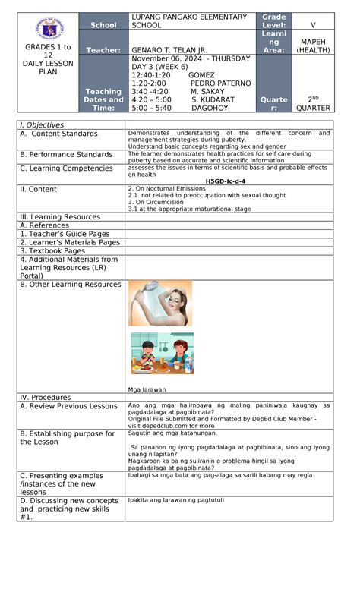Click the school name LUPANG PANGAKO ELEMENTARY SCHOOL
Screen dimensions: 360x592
(188, 21)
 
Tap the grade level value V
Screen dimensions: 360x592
(313, 25)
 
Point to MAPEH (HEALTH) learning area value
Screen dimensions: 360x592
(313, 46)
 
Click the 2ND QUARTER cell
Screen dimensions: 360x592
(313, 103)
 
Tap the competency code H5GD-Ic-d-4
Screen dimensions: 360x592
(229, 181)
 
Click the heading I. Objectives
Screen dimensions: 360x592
(42, 125)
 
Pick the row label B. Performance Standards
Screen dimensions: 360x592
(66, 155)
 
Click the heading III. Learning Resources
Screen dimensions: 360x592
(60, 217)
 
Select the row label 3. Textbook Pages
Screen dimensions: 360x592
(52, 250)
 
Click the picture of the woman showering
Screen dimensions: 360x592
(159, 304)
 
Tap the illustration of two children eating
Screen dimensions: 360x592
(162, 353)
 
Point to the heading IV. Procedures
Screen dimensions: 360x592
(45, 397)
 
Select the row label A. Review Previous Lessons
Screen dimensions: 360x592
(68, 406)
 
